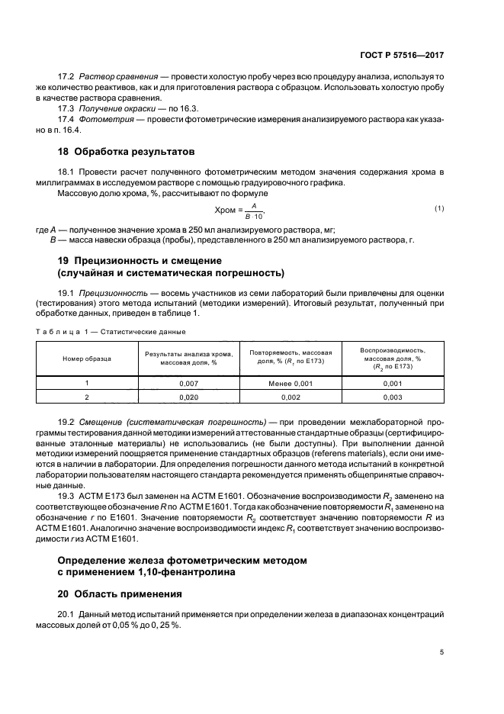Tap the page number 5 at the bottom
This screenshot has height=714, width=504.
pyautogui.click(x=443, y=651)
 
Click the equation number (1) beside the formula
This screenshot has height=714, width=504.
pyautogui.click(x=439, y=209)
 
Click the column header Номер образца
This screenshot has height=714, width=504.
pyautogui.click(x=87, y=357)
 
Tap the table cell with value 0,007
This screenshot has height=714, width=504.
pyautogui.click(x=188, y=383)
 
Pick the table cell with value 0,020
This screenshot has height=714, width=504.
pyautogui.click(x=188, y=397)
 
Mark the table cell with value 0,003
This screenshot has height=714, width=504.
pyautogui.click(x=393, y=397)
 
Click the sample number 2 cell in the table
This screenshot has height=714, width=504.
pyautogui.click(x=87, y=397)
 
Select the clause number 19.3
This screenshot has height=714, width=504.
pyautogui.click(x=69, y=493)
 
